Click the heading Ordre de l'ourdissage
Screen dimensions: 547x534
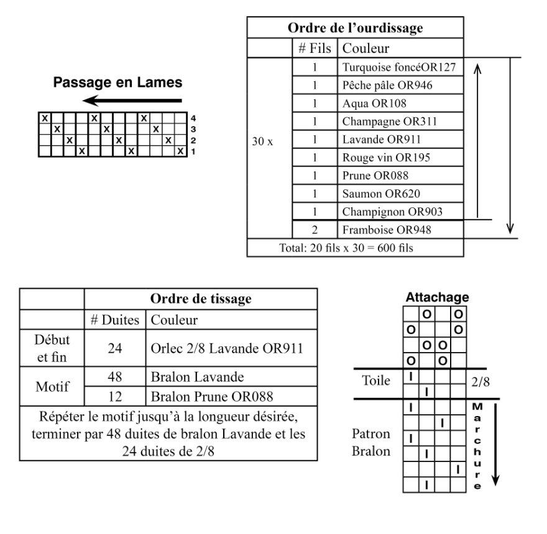pyautogui.click(x=355, y=28)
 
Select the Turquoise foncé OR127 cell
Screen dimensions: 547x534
pyautogui.click(x=400, y=67)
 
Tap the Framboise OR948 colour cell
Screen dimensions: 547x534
pyautogui.click(x=400, y=230)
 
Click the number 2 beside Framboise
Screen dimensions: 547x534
pyautogui.click(x=315, y=230)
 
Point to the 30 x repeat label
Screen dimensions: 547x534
pyautogui.click(x=262, y=141)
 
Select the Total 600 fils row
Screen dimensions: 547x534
pyautogui.click(x=355, y=248)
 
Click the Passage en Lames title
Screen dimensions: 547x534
pyautogui.click(x=117, y=82)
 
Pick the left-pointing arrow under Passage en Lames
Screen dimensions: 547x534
pyautogui.click(x=132, y=101)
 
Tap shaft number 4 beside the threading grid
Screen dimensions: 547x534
pyautogui.click(x=193, y=118)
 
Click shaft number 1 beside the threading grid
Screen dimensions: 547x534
pyautogui.click(x=193, y=152)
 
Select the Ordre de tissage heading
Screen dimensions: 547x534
pyautogui.click(x=201, y=299)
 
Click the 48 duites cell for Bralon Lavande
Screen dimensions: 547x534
pyautogui.click(x=115, y=376)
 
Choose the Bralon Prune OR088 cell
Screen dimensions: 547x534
pyautogui.click(x=231, y=396)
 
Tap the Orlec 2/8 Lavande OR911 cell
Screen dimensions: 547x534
pyautogui.click(x=231, y=348)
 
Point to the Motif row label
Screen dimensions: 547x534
pyautogui.click(x=52, y=386)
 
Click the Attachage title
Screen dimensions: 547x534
pyautogui.click(x=437, y=297)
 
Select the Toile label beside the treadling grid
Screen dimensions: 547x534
pyautogui.click(x=376, y=380)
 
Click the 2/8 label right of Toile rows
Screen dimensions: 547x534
pyautogui.click(x=480, y=382)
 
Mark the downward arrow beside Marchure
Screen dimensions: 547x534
pyautogui.click(x=495, y=445)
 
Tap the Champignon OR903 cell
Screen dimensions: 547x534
pyautogui.click(x=400, y=212)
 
